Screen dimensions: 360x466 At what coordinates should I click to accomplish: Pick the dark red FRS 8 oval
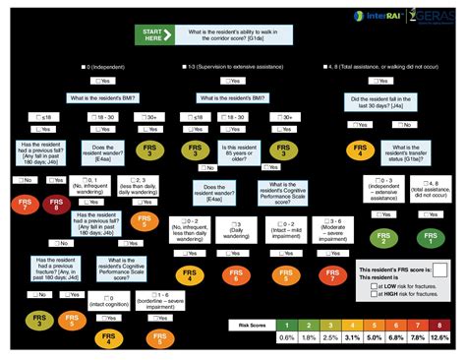(56, 205)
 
